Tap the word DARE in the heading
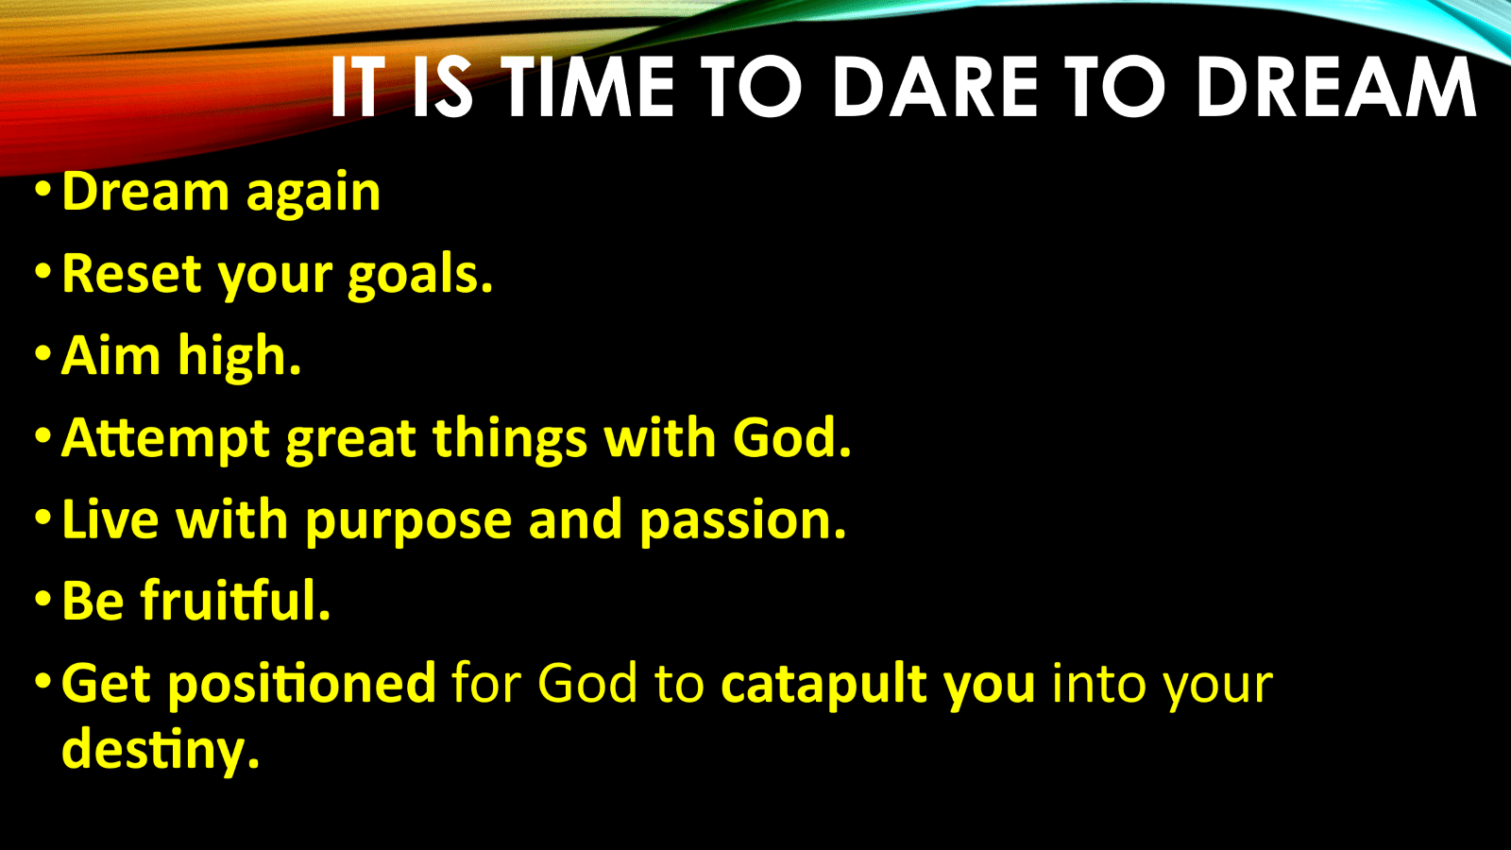click(x=936, y=86)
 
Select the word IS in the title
click(x=443, y=86)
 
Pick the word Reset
click(x=132, y=274)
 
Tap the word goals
click(x=420, y=278)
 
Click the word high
click(x=239, y=358)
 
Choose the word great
click(x=350, y=440)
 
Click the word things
click(x=510, y=439)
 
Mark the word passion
click(x=742, y=522)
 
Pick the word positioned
click(x=301, y=685)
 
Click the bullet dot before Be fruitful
click(x=43, y=599)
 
